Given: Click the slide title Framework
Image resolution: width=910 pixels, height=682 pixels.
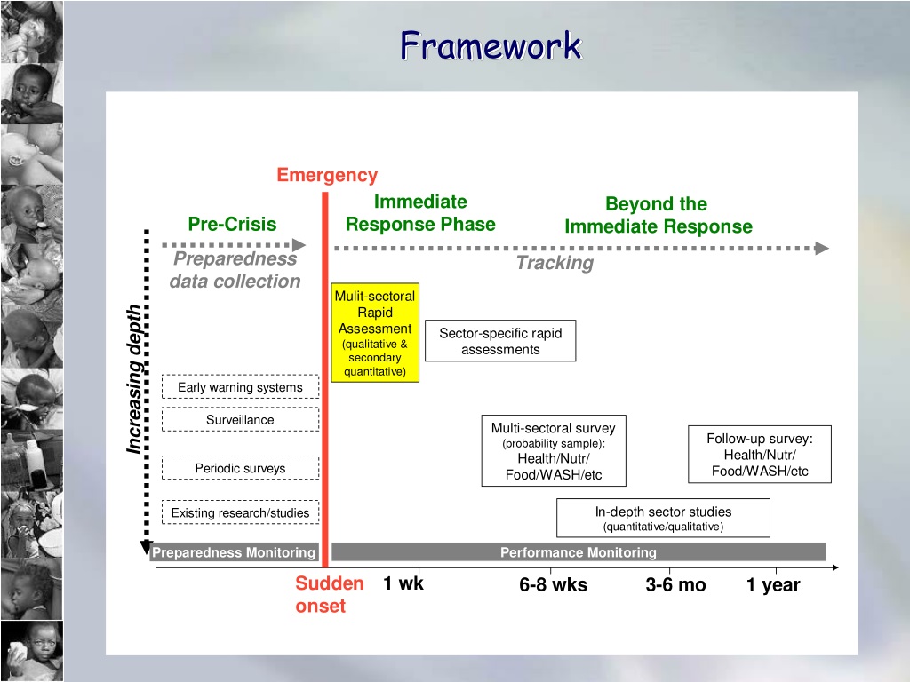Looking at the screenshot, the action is point(491,46).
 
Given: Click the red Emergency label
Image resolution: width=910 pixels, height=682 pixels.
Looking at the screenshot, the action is point(327,175).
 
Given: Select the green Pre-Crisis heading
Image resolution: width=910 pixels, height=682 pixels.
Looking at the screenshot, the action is point(232,224).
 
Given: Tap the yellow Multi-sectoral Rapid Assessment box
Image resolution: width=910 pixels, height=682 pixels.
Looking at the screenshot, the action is point(375,332).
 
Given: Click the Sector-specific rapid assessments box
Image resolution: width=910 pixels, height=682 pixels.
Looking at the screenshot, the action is point(500,341).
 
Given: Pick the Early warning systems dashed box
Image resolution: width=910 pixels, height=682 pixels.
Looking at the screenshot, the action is point(240,387).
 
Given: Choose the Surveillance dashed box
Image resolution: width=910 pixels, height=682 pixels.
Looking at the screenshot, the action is point(240,419).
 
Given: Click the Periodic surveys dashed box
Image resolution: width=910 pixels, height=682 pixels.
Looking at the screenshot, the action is point(240,468).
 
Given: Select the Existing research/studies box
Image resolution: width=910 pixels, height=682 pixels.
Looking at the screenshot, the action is point(240,512).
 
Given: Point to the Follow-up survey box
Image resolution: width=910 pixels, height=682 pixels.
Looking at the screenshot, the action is point(760,455).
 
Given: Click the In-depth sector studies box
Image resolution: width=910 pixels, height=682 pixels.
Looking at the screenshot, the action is point(663,518).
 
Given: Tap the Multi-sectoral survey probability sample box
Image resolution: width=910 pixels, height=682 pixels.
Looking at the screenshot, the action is point(554,450).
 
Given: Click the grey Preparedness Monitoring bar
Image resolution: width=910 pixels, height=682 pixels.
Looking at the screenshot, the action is point(234,552).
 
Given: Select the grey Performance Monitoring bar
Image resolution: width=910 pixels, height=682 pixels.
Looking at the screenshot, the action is point(579,552).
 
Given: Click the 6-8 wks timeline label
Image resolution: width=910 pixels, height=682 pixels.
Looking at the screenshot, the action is point(553,584).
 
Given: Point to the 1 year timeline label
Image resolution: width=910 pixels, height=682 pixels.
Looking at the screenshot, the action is point(773,585).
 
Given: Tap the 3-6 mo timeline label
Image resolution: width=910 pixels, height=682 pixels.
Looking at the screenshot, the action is point(675,584).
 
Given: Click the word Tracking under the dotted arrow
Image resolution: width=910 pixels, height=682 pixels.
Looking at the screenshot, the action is point(555,263).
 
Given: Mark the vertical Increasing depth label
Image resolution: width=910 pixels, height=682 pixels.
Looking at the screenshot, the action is point(134,379).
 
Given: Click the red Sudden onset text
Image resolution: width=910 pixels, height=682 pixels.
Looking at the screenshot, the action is point(329,594).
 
